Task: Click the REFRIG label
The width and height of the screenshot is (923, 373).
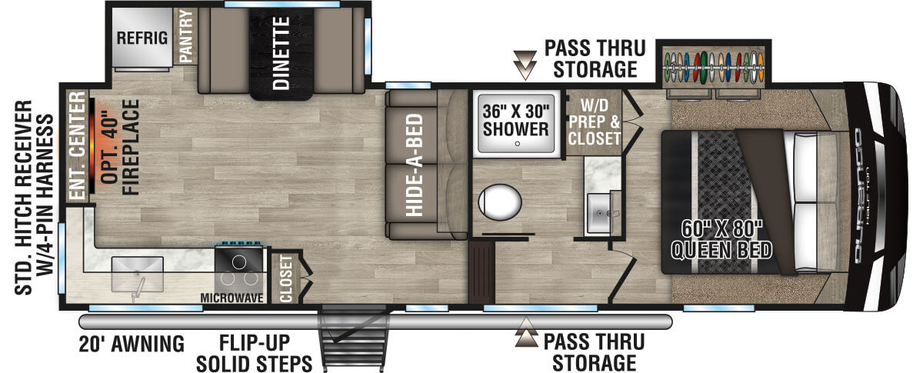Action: click(x=142, y=38)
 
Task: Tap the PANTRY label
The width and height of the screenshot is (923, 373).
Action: click(x=185, y=36)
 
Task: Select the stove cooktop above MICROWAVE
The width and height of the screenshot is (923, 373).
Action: click(x=241, y=266)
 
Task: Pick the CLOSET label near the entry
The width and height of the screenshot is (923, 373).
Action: click(x=286, y=278)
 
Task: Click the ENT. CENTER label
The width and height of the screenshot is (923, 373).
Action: click(x=76, y=147)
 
